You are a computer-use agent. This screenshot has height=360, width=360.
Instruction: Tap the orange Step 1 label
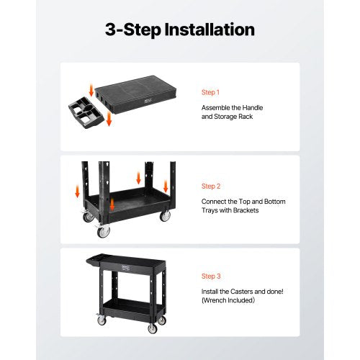[211, 92]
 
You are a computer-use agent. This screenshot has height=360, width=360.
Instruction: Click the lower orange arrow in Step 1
[108, 120]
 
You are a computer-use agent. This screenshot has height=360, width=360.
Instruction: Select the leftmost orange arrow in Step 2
[76, 192]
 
